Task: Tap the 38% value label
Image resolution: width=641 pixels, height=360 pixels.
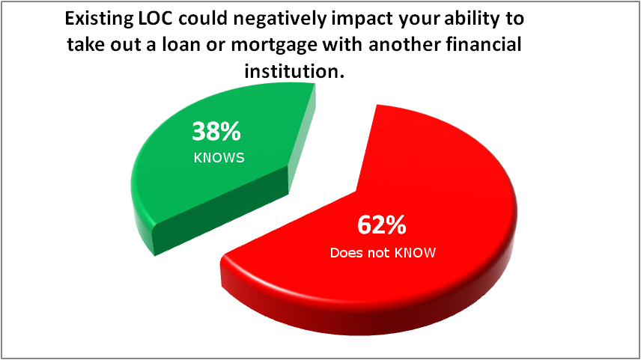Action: click(216, 132)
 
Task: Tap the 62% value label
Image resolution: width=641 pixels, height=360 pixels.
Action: click(382, 225)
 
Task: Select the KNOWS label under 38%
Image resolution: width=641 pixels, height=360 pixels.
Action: click(219, 158)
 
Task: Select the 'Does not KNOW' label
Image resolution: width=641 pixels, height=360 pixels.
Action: click(383, 253)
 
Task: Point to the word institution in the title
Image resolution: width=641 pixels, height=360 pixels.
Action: click(292, 71)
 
